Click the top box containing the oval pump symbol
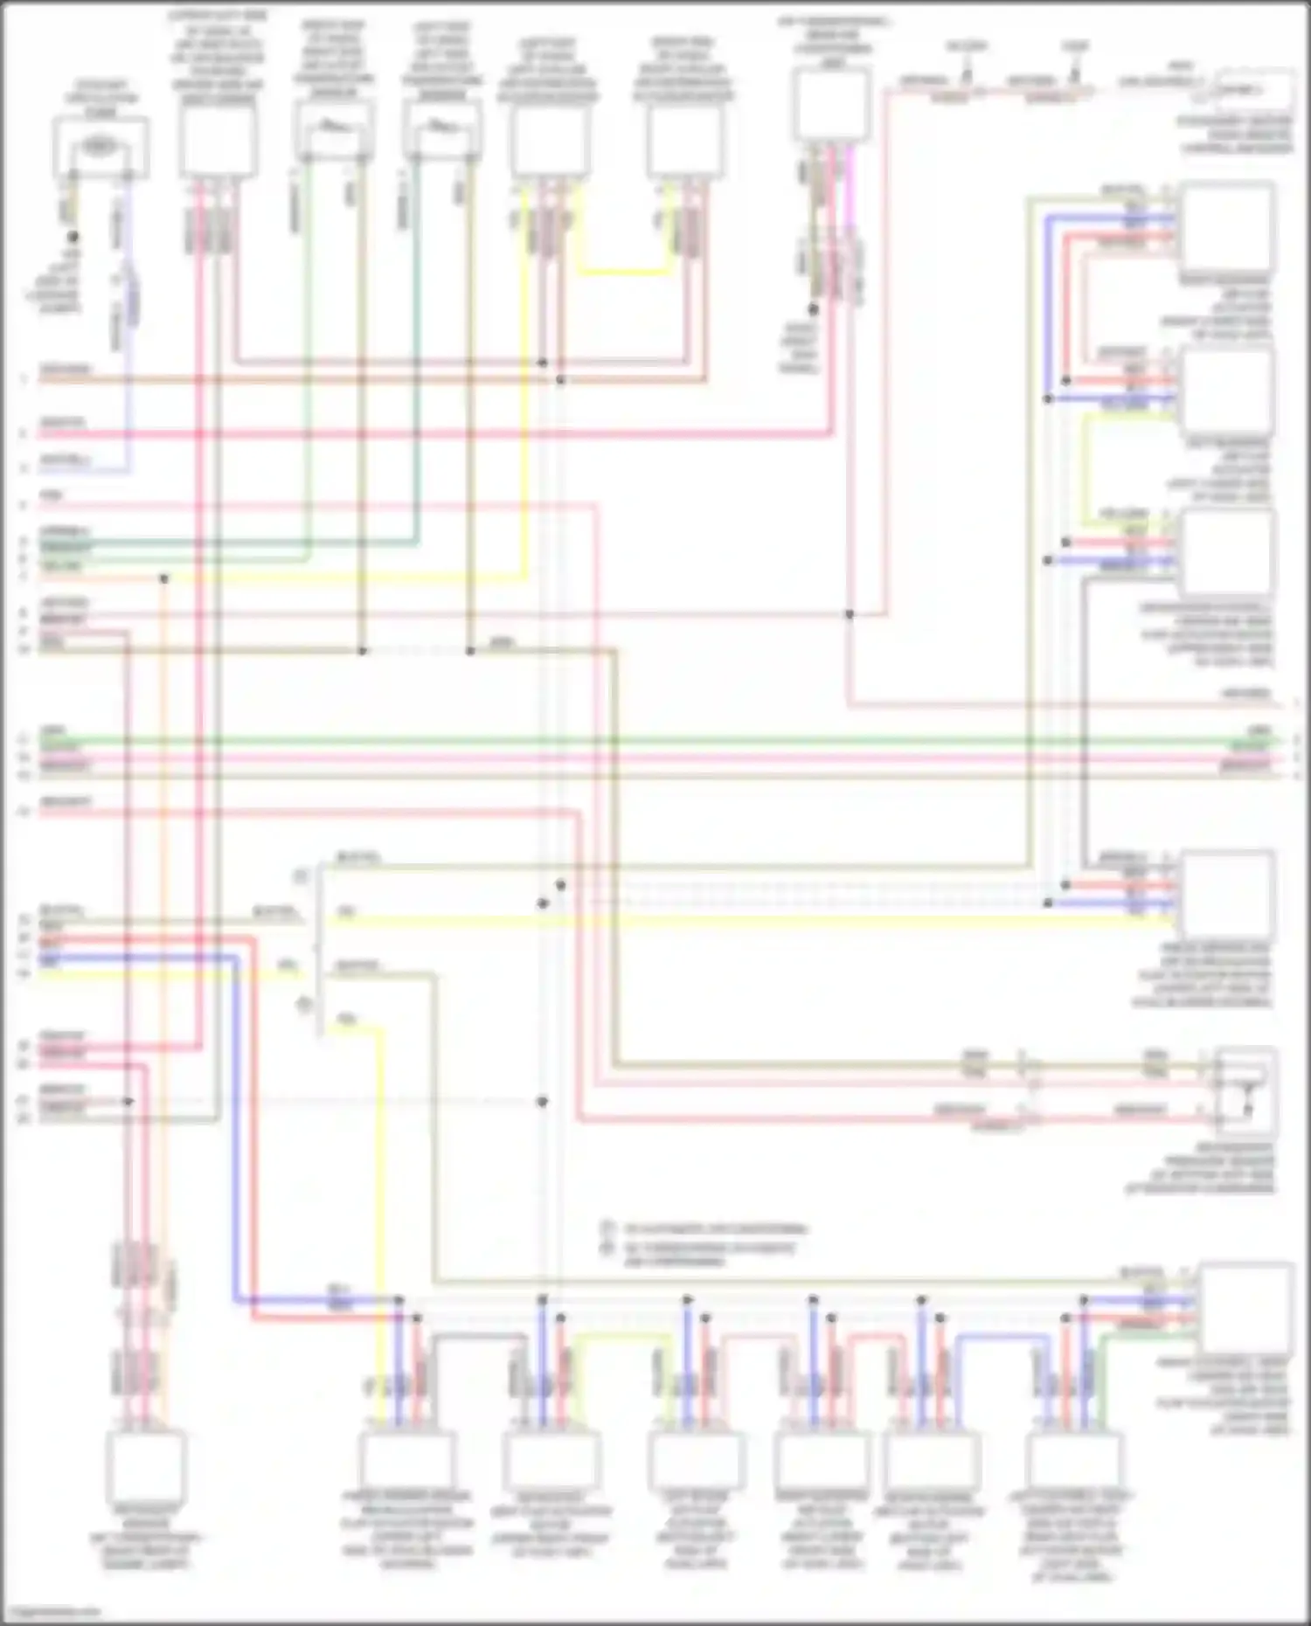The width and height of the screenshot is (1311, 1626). click(x=101, y=147)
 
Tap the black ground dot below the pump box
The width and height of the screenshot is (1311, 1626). click(x=73, y=237)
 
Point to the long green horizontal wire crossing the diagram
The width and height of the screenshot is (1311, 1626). click(x=655, y=740)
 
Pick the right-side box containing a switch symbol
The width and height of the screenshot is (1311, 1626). click(x=1245, y=1091)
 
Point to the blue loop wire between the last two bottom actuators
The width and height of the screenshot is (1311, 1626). click(x=1004, y=1337)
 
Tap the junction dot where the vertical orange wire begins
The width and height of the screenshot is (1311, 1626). click(x=163, y=578)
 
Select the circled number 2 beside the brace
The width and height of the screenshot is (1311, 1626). click(x=303, y=1005)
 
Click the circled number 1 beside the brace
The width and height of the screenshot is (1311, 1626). click(x=300, y=875)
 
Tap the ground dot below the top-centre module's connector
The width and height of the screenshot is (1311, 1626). click(x=813, y=309)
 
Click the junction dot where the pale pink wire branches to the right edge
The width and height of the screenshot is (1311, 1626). click(x=849, y=614)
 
